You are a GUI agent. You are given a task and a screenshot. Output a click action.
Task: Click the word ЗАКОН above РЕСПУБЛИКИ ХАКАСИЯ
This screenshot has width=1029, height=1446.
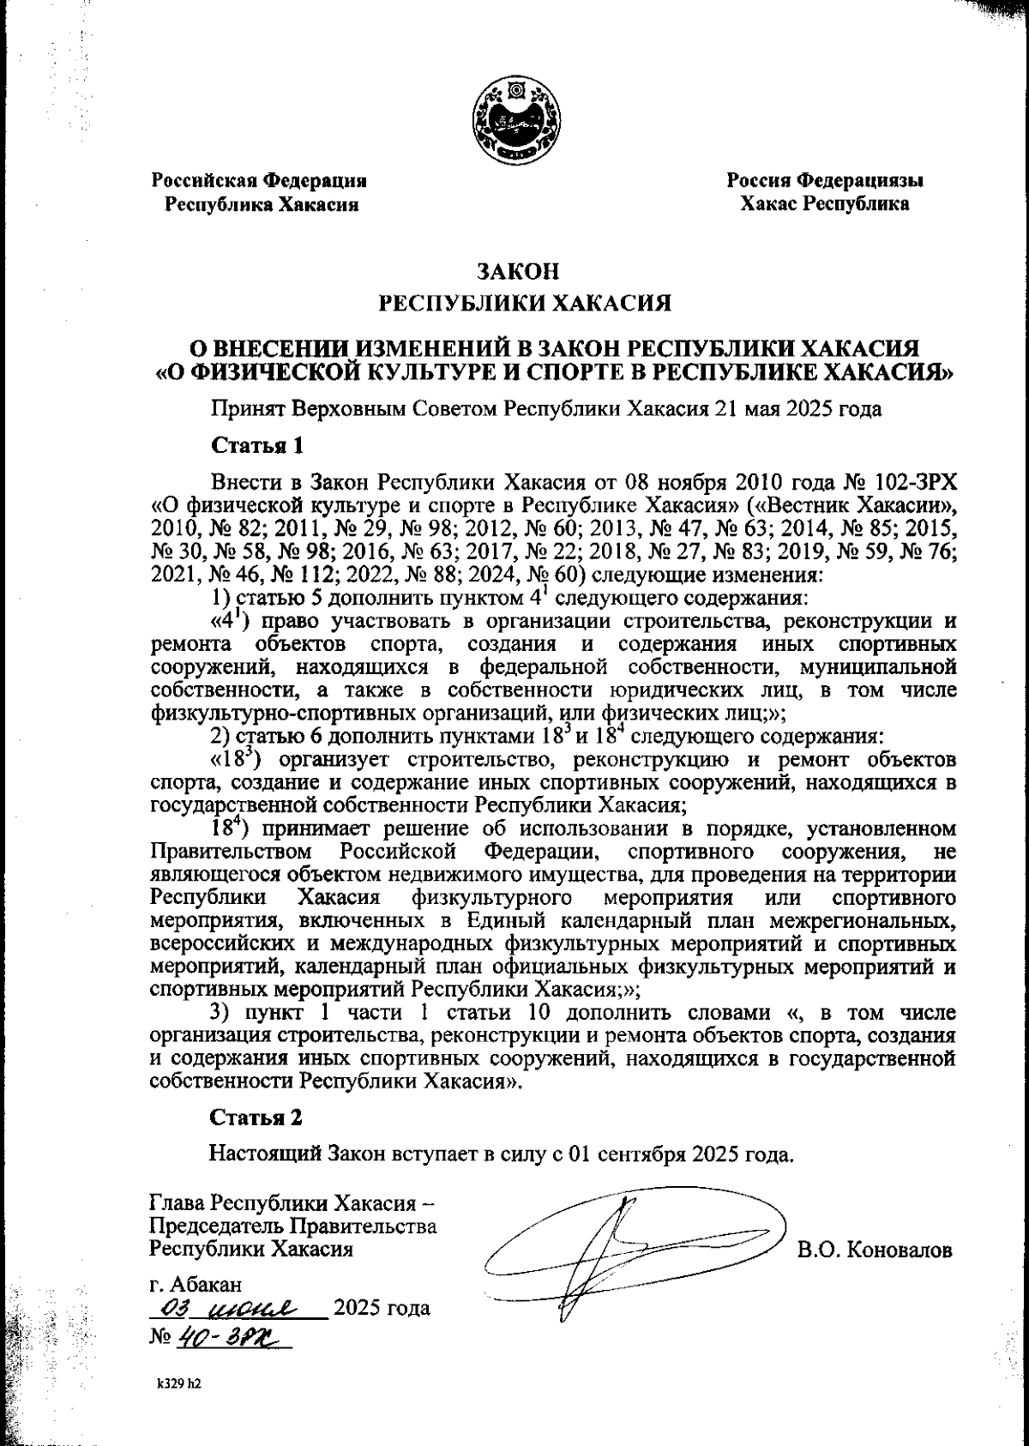pyautogui.click(x=517, y=273)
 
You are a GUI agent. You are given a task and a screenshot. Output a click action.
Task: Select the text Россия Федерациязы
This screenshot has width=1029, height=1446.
pyautogui.click(x=825, y=181)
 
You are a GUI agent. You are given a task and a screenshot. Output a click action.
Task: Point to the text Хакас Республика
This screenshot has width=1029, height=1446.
pyautogui.click(x=825, y=204)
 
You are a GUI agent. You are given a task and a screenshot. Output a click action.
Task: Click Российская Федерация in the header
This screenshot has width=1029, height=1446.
pyautogui.click(x=260, y=181)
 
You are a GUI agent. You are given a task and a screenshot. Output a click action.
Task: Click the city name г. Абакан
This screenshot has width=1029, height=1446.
pyautogui.click(x=196, y=1285)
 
